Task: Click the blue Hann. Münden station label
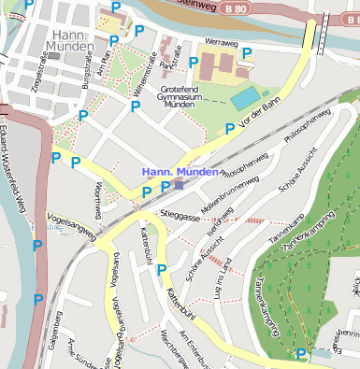coord(180,173)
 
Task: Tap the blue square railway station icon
coord(180,185)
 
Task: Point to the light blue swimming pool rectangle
coord(245,97)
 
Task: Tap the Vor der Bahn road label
coord(259,121)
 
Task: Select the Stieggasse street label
coord(180,215)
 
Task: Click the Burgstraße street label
coord(86,70)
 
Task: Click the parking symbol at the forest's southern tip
coord(300,354)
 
